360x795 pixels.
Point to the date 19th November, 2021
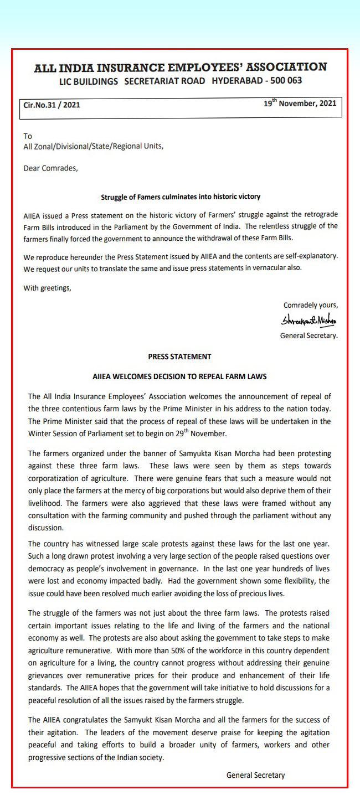coord(300,103)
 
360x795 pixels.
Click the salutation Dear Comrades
coord(50,168)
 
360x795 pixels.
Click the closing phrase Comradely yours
coord(310,305)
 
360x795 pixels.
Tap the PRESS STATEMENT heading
coord(179,357)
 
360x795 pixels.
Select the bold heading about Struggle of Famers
coord(180,197)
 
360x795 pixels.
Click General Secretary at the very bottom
coord(255,775)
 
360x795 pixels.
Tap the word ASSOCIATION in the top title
coord(286,67)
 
